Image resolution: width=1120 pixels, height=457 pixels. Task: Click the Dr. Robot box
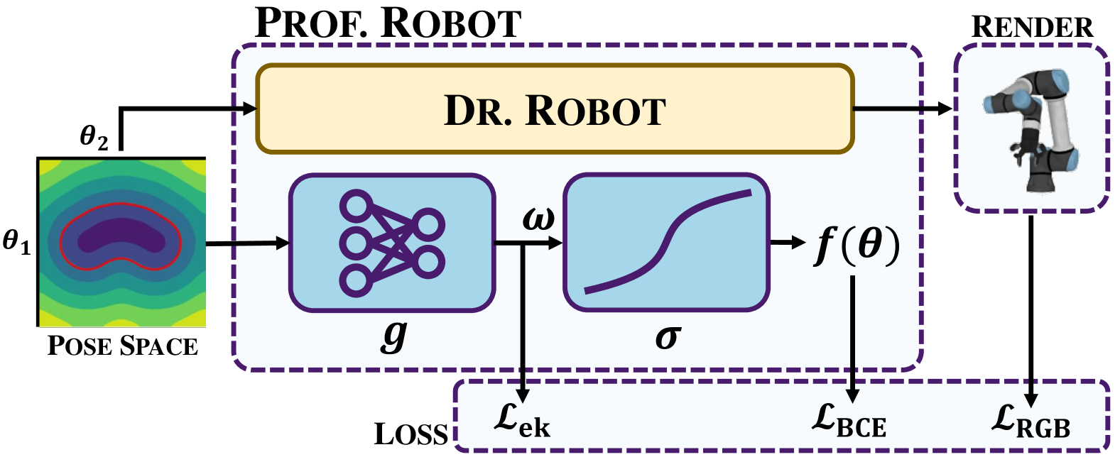coord(554,109)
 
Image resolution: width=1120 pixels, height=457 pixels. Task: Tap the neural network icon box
coord(391,243)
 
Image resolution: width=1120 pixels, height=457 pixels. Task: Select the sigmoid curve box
coord(666,243)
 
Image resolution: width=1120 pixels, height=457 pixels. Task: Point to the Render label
coord(1032,27)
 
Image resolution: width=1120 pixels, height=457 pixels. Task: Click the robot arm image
coord(1032,128)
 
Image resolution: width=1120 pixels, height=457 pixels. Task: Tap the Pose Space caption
coord(122,346)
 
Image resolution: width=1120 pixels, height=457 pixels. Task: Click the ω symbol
coord(538,218)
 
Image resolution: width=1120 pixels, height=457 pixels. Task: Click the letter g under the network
coord(393,335)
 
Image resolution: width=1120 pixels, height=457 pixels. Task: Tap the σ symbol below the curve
coord(668,336)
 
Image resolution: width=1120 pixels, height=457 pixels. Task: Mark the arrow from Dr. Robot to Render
coord(902,109)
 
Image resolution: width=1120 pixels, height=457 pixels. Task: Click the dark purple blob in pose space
coord(121,238)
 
